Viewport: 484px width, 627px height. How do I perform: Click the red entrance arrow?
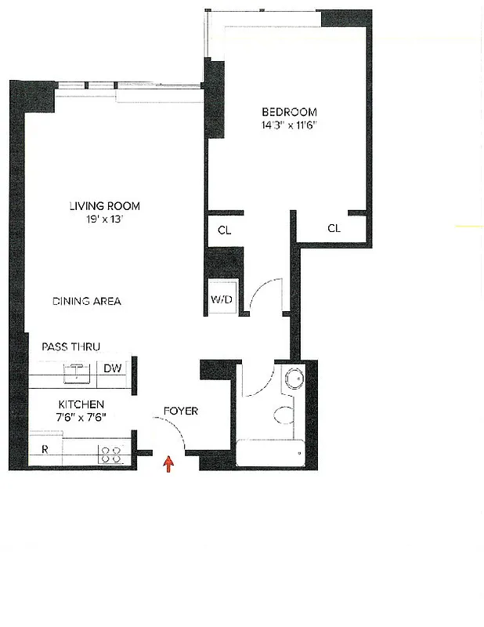(x=168, y=464)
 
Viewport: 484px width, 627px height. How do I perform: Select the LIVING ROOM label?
(x=104, y=206)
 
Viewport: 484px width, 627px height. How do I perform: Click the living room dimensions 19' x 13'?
(x=104, y=219)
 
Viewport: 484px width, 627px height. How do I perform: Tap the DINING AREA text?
(x=87, y=301)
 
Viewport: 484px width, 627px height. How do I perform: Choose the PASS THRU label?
(x=71, y=346)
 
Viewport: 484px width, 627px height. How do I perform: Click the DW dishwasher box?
(x=112, y=368)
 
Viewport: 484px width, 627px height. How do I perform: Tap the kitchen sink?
(x=78, y=371)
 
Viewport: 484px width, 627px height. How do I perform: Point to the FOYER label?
(x=180, y=411)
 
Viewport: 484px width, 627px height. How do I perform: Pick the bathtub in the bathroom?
(x=269, y=453)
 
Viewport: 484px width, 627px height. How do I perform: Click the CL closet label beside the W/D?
(x=224, y=230)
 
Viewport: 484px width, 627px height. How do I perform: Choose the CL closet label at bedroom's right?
(x=334, y=229)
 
